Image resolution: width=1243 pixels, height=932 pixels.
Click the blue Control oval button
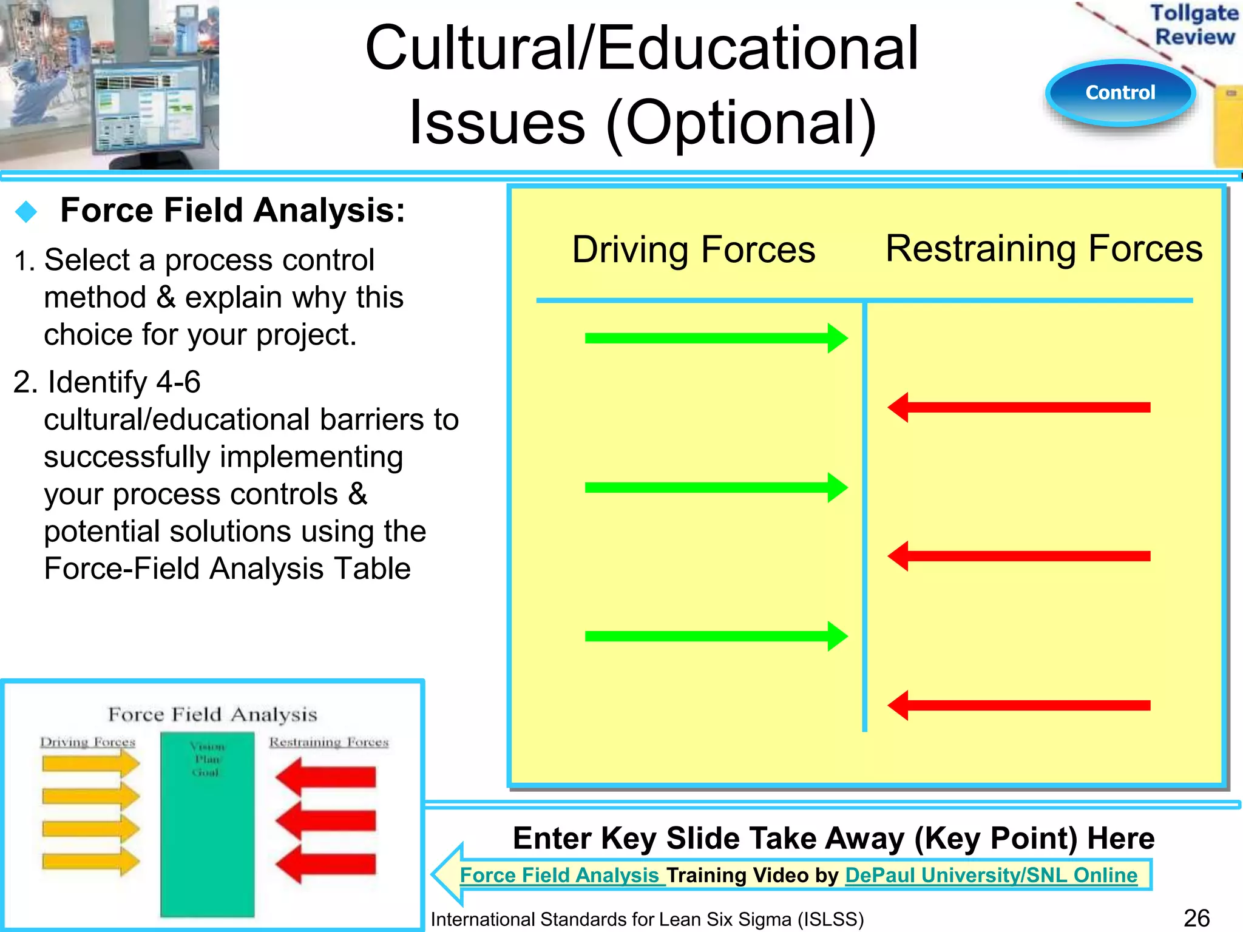click(1120, 93)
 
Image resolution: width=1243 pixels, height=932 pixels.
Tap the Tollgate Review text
click(1194, 24)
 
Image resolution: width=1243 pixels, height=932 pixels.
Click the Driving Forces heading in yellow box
click(693, 250)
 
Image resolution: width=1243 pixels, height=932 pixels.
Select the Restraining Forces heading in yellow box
click(1043, 249)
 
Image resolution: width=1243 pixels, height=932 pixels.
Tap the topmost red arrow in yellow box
click(1018, 407)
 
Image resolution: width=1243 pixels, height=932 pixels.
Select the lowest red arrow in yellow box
click(1018, 705)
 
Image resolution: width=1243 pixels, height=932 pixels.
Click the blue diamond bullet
click(26, 212)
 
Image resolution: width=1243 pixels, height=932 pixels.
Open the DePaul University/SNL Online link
click(991, 875)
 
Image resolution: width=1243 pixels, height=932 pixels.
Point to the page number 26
click(1196, 918)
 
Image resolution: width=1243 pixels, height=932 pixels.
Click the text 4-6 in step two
click(178, 382)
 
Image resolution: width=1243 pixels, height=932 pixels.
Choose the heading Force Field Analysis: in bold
click(232, 211)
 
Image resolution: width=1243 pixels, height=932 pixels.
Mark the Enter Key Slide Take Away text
click(833, 839)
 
